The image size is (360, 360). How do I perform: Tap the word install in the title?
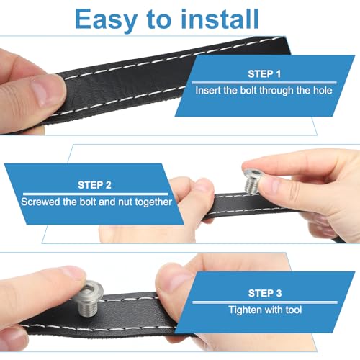[x=220, y=19]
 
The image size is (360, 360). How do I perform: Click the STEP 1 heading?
[x=264, y=74]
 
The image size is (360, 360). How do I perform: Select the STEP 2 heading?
[x=94, y=185]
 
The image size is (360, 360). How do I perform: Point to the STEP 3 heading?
[x=265, y=293]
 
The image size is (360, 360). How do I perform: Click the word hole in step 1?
[x=323, y=91]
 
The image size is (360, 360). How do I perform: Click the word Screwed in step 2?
[x=40, y=202]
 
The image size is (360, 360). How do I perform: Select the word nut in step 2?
[x=125, y=202]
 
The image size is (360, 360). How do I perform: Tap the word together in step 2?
[x=153, y=202]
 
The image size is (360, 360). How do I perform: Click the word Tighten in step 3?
[x=243, y=310]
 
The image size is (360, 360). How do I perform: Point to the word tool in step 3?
[x=294, y=310]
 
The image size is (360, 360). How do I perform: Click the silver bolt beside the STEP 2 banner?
[x=254, y=179]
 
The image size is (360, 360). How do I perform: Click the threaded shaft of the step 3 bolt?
[x=88, y=307]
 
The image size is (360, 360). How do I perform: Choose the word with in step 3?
[x=272, y=310]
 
